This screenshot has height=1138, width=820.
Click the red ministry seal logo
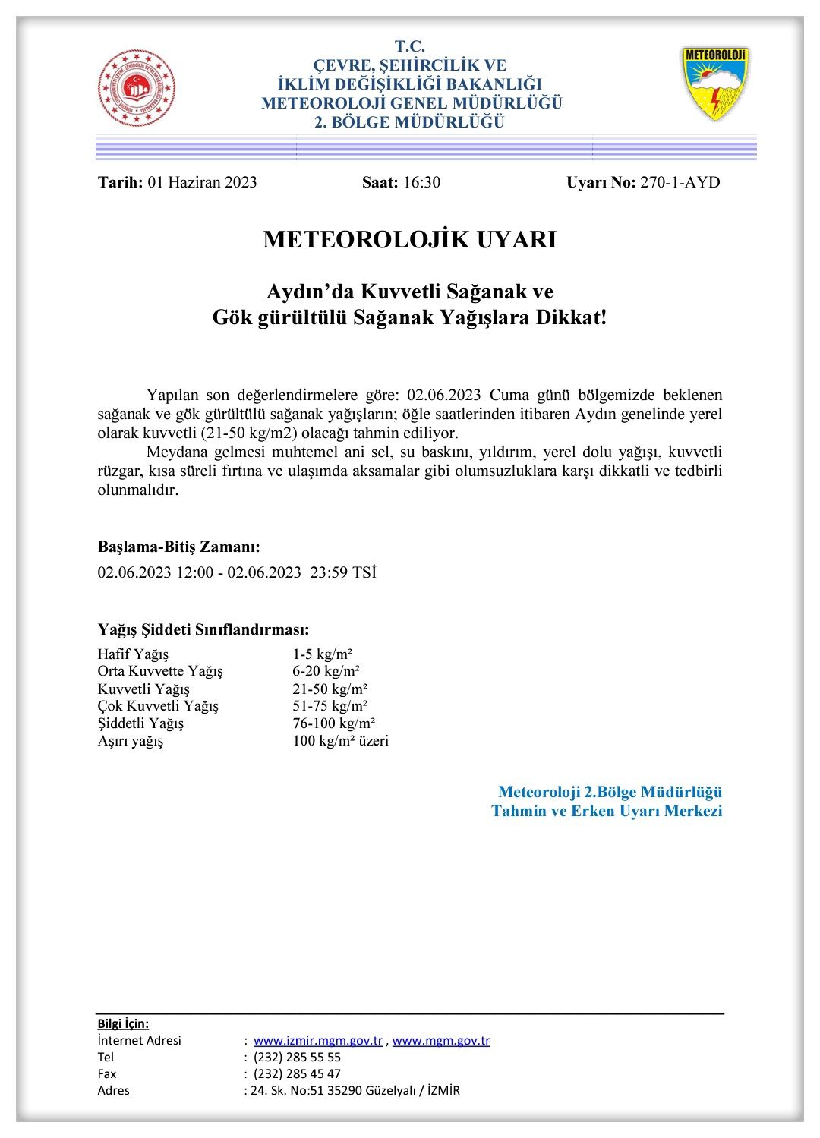click(x=137, y=88)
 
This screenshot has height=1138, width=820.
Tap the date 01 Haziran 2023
click(x=203, y=182)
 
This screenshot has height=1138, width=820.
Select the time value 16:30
click(x=421, y=182)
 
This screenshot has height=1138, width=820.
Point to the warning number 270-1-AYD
click(x=680, y=182)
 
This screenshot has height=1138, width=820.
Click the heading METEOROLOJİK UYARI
click(x=410, y=239)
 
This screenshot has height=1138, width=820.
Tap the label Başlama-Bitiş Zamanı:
click(x=179, y=547)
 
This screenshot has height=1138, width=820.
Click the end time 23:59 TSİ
click(x=343, y=572)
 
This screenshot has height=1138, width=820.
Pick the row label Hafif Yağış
click(x=134, y=654)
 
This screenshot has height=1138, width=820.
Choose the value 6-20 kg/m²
click(x=326, y=671)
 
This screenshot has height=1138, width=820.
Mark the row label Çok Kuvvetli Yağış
click(x=158, y=706)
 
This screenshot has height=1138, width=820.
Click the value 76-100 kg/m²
click(x=333, y=723)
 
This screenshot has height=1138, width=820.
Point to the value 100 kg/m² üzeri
click(x=340, y=741)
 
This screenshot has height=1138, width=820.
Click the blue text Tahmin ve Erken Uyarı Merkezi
click(x=607, y=811)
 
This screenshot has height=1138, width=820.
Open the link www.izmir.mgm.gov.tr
click(x=318, y=1041)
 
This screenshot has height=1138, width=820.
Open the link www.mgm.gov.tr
click(x=441, y=1041)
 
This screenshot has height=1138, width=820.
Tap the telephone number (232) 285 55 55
click(x=297, y=1058)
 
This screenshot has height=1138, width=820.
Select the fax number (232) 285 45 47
click(x=297, y=1074)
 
